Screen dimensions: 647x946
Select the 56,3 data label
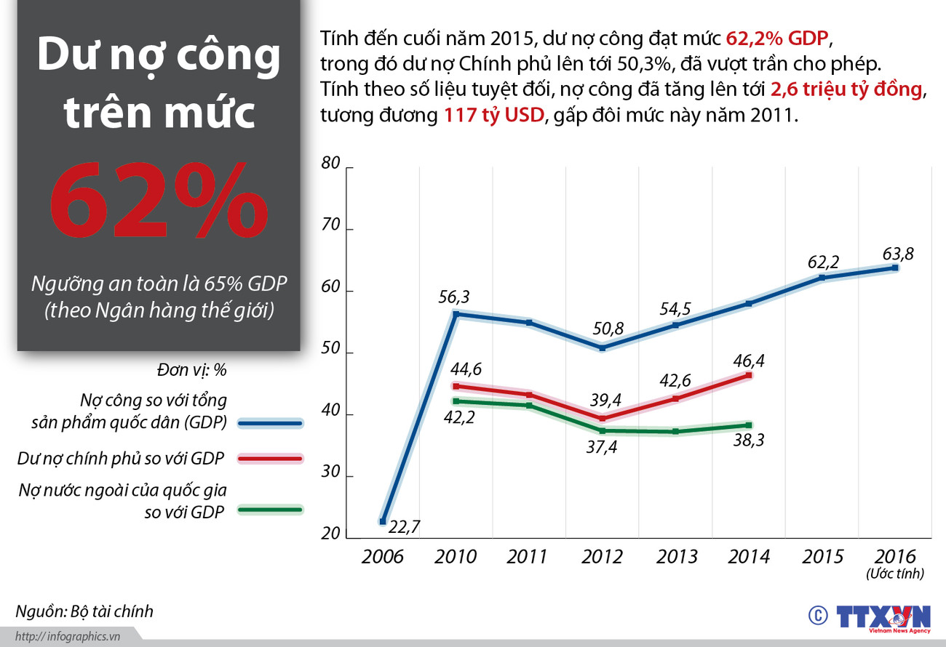(455, 297)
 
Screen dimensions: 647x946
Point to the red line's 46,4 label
(749, 360)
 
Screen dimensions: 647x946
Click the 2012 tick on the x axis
(602, 557)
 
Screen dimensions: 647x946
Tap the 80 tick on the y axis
(330, 164)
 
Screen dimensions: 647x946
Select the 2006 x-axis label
(382, 557)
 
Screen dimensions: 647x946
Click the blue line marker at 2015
(822, 278)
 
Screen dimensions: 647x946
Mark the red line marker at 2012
(602, 419)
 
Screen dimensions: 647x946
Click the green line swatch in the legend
(271, 510)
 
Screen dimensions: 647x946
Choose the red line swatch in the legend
(271, 459)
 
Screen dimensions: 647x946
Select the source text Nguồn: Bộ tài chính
(84, 611)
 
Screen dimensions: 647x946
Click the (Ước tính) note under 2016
(895, 574)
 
